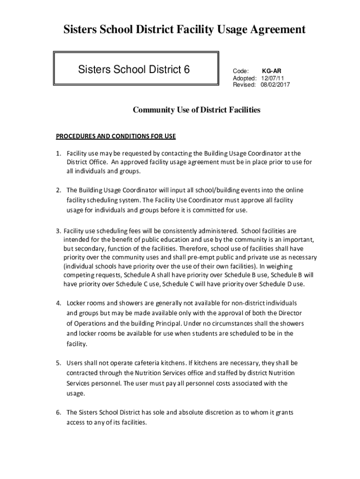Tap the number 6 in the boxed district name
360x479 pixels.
tap(187, 70)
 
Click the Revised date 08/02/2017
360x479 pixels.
tap(275, 85)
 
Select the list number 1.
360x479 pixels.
tap(58, 153)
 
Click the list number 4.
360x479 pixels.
tap(58, 303)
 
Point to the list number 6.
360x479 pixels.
tap(58, 413)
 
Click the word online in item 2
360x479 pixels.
tap(294, 190)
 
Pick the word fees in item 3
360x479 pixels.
tap(137, 231)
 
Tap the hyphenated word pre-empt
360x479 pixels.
tap(239, 258)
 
